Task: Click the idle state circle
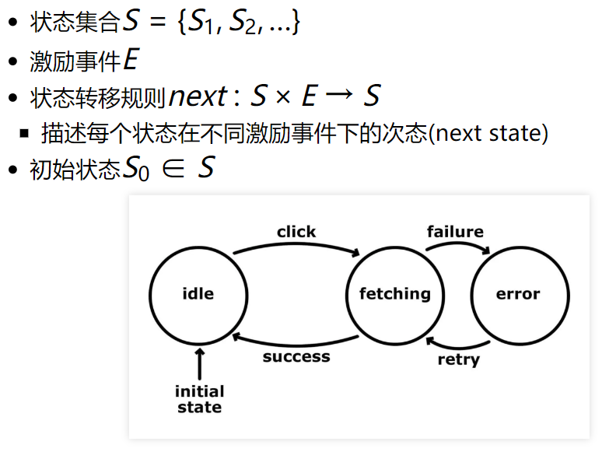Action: tap(198, 294)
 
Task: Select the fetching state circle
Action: tap(394, 294)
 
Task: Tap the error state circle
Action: tap(517, 294)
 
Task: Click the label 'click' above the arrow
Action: tap(296, 232)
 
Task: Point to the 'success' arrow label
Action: tap(296, 357)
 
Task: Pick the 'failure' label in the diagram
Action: tap(455, 232)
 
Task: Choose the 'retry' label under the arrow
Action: tap(458, 359)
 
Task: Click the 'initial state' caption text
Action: tap(199, 399)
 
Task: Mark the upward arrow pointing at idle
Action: tap(199, 363)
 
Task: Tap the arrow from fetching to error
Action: tap(457, 244)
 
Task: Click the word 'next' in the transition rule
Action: tap(198, 97)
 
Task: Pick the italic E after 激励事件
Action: tap(131, 61)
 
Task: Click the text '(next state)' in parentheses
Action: tap(489, 133)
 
